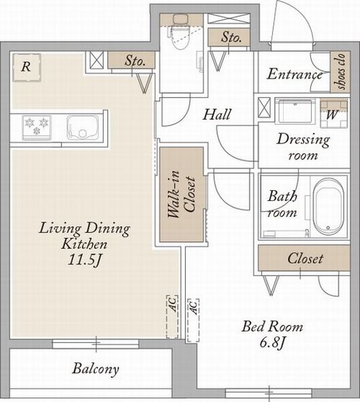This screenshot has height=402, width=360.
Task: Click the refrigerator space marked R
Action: (x=27, y=68)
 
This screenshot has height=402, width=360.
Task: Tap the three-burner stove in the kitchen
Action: (x=37, y=128)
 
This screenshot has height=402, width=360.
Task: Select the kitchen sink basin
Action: (x=82, y=127)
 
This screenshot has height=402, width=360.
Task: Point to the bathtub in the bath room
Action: (x=329, y=206)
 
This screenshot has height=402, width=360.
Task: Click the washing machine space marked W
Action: (x=334, y=114)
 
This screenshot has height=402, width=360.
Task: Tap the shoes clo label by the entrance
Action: (x=341, y=71)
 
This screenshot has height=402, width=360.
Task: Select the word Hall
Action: (x=217, y=114)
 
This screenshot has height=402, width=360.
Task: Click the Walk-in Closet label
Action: (x=182, y=194)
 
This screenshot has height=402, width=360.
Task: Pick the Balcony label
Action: (x=95, y=369)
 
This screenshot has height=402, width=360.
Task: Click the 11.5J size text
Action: (x=84, y=260)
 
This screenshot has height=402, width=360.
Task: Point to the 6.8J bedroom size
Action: (x=272, y=342)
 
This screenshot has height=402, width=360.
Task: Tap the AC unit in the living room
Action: (x=172, y=316)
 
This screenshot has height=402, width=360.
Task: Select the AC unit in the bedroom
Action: (x=193, y=320)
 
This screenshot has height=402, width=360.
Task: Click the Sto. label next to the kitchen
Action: (x=135, y=61)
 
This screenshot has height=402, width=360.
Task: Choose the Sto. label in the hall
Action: (x=231, y=38)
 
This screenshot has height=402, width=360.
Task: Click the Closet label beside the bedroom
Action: (x=305, y=258)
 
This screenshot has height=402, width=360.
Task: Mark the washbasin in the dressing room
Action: (x=295, y=111)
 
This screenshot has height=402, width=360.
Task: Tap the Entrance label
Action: (x=294, y=74)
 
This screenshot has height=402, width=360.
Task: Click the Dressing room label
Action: (x=303, y=147)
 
